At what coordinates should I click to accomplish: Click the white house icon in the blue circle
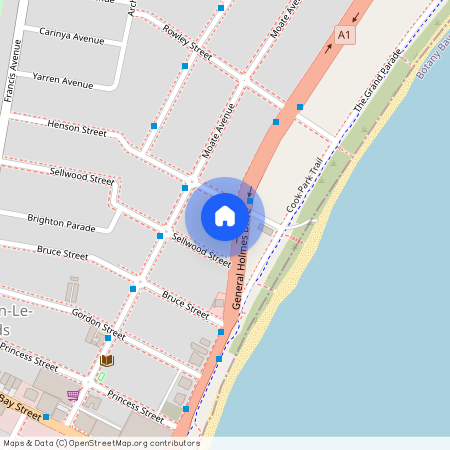(225, 216)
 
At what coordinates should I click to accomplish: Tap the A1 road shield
(344, 36)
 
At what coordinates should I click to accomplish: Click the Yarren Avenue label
(61, 76)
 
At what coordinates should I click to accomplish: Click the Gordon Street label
(98, 322)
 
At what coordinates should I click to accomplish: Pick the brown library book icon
(107, 360)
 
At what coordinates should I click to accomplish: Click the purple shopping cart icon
(72, 395)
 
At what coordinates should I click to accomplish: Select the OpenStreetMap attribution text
(101, 443)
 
